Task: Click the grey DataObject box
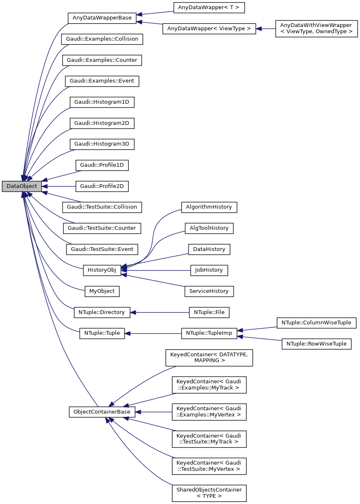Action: point(22,187)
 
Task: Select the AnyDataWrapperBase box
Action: point(102,18)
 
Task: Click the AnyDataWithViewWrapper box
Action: point(316,29)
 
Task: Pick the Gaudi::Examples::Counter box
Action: point(102,60)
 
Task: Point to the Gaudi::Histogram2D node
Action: point(102,123)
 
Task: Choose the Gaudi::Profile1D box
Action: point(102,165)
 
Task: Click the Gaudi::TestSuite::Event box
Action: point(102,249)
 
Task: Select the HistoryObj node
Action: point(102,270)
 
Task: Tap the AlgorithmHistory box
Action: point(209,207)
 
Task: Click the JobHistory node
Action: point(209,270)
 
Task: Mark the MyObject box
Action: point(102,291)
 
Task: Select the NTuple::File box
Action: point(209,312)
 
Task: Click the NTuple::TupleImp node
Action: point(209,333)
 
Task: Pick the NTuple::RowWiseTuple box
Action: point(316,343)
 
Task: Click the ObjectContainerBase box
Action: point(102,412)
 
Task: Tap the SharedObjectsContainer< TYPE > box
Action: point(209,493)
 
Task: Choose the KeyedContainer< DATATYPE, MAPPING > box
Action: point(209,358)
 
